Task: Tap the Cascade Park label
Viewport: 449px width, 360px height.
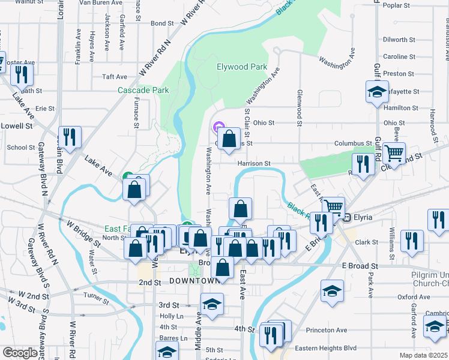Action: point(143,91)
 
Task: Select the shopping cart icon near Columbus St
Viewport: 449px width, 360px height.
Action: point(394,154)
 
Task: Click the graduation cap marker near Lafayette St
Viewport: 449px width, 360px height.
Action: point(376,92)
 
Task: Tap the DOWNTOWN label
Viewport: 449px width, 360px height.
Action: point(194,281)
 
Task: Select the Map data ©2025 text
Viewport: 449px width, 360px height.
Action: point(424,355)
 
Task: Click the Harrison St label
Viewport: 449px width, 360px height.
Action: point(254,163)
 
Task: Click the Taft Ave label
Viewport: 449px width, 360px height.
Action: point(115,77)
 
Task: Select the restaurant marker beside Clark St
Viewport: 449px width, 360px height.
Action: point(412,241)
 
